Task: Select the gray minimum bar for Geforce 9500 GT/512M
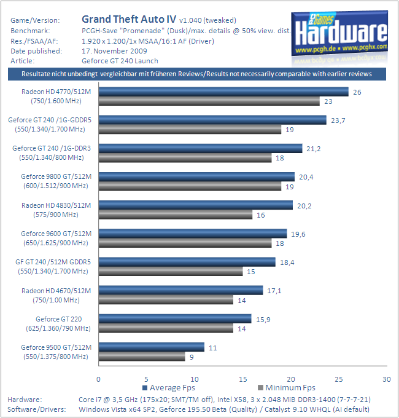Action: click(x=142, y=356)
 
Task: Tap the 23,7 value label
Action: click(x=339, y=120)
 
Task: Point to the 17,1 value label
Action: click(x=274, y=290)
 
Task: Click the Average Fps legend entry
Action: click(x=171, y=388)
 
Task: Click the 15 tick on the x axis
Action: click(x=242, y=379)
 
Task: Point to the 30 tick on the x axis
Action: click(x=386, y=379)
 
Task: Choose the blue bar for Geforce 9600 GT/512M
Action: click(x=193, y=234)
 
